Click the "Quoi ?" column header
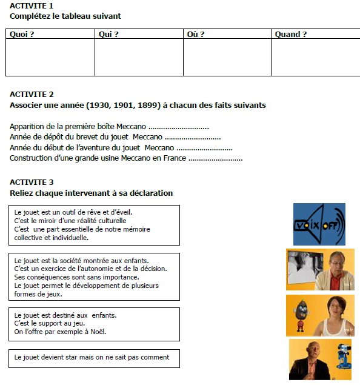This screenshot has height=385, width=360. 22,35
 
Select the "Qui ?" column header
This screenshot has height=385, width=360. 108,35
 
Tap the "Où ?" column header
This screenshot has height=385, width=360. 195,35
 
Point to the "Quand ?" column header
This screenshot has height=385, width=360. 290,35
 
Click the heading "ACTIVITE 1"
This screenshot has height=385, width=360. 32,5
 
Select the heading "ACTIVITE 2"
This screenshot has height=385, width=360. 32,95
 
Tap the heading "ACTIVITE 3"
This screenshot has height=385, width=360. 32,182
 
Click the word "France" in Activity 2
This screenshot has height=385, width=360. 175,158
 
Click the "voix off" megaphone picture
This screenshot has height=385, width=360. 319,224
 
